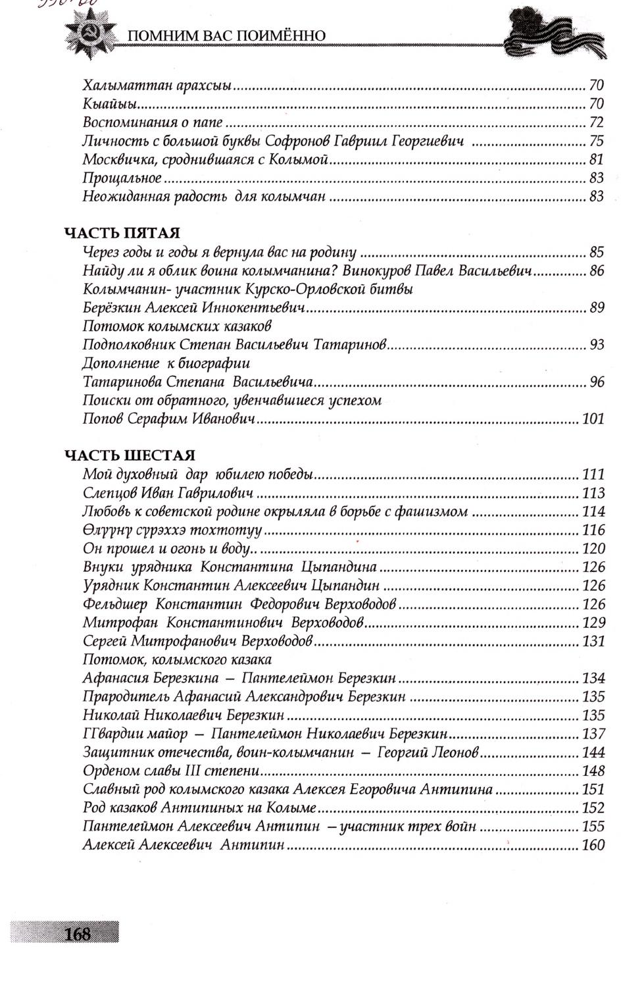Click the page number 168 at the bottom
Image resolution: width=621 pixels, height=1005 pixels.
pyautogui.click(x=78, y=933)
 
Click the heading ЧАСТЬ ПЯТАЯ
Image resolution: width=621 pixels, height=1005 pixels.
pyautogui.click(x=122, y=233)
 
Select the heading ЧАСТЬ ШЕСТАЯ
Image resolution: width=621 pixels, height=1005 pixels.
pyautogui.click(x=130, y=455)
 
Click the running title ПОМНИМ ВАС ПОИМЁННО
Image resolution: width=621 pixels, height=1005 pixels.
pyautogui.click(x=226, y=35)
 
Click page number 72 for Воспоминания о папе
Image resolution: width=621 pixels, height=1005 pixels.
pyautogui.click(x=596, y=122)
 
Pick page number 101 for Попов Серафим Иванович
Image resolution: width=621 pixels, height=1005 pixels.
pyautogui.click(x=593, y=419)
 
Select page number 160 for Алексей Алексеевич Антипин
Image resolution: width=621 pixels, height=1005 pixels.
pyautogui.click(x=593, y=846)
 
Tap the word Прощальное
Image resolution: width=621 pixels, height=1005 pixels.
pyautogui.click(x=122, y=178)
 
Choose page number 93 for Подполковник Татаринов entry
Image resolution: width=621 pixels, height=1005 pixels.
pyautogui.click(x=596, y=345)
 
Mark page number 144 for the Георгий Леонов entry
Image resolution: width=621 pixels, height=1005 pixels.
pyautogui.click(x=593, y=753)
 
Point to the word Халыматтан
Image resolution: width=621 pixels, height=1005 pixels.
pyautogui.click(x=121, y=86)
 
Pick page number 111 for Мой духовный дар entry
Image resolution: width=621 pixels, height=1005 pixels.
pyautogui.click(x=593, y=475)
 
